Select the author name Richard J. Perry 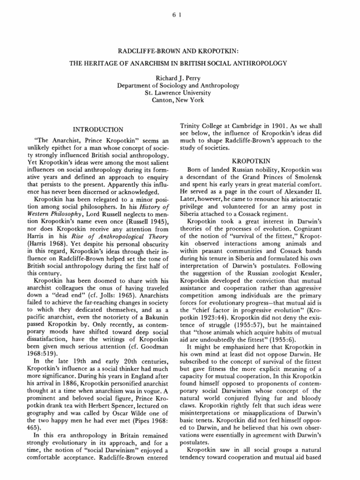tap(180, 78)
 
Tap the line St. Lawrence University tap(180, 93)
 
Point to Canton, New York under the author tap(180, 100)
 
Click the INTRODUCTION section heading tap(98, 129)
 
